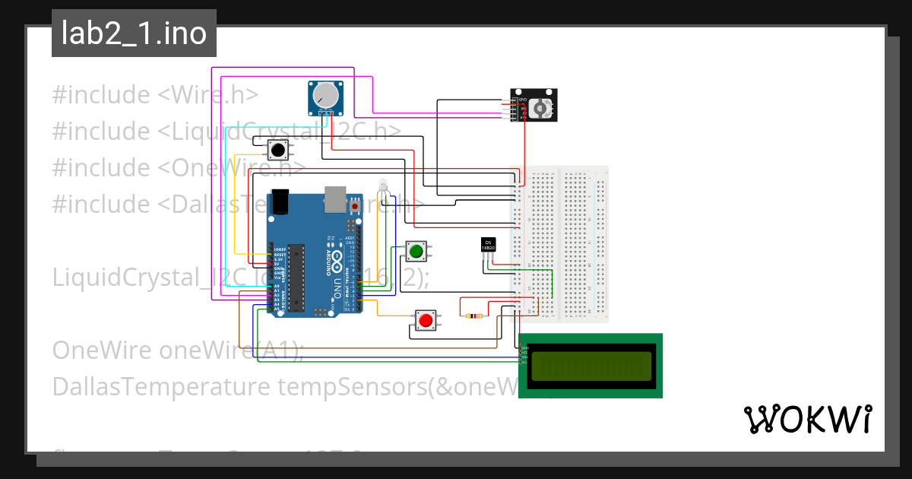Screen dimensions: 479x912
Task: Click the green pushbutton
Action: pos(416,251)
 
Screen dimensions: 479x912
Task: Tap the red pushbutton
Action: pos(426,321)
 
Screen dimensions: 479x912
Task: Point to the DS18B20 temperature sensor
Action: pos(489,245)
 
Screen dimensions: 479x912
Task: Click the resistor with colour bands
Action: pos(475,316)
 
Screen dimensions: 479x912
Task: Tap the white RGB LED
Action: pos(383,185)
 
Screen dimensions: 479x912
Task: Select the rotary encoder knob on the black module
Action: pos(542,109)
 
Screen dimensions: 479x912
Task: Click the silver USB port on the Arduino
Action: pos(334,199)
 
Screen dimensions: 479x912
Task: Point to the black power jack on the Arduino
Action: pos(282,201)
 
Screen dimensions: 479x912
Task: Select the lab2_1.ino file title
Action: pos(134,33)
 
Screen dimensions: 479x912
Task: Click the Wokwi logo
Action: pos(807,419)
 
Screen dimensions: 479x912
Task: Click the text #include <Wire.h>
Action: pos(155,95)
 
